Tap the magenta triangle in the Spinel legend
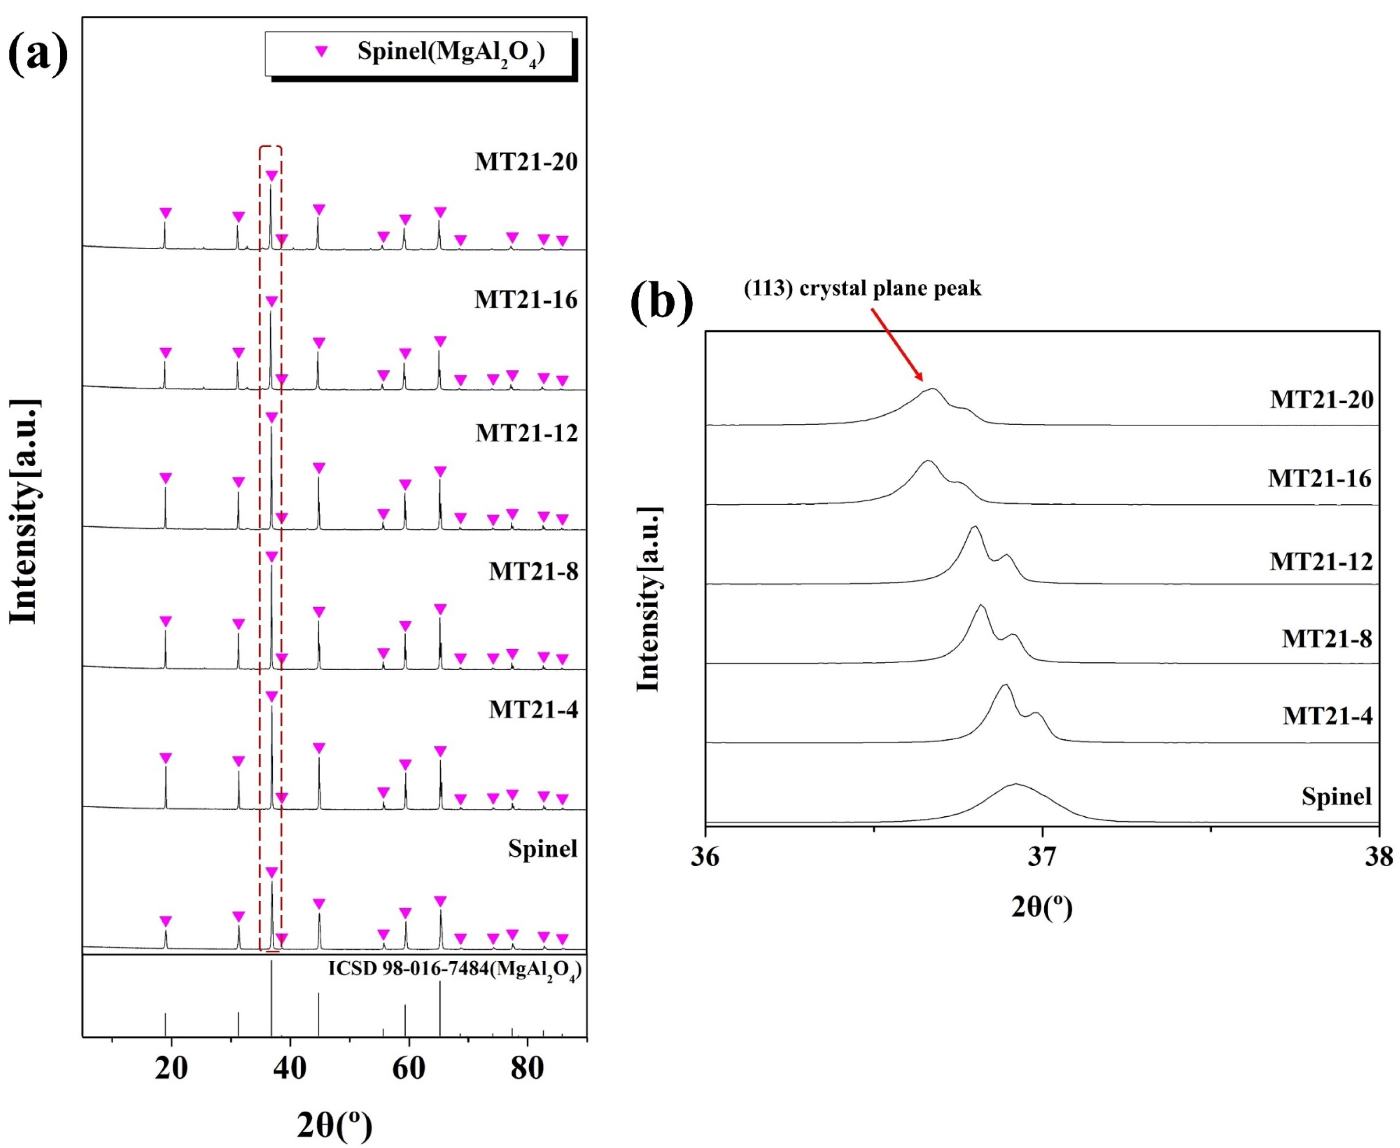[x=321, y=51]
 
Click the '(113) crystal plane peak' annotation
[x=863, y=288]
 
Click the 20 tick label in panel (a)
[x=171, y=1068]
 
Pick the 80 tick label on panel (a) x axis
[x=527, y=1068]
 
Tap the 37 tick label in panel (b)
[x=1042, y=857]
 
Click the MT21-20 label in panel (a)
[x=526, y=162]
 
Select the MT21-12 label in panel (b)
[x=1321, y=562]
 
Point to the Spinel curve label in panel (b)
[x=1337, y=796]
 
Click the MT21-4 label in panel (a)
[x=533, y=709]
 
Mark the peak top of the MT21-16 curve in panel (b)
[x=927, y=461]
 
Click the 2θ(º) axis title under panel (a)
[x=334, y=1125]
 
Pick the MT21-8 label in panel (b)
[x=1327, y=639]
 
